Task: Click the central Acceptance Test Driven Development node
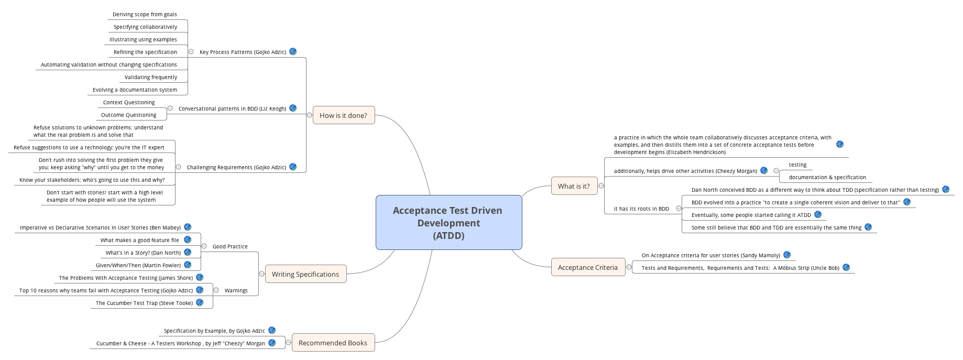tap(448, 223)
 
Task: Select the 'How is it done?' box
tap(343, 115)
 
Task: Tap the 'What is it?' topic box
tap(574, 186)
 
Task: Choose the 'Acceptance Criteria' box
tap(587, 267)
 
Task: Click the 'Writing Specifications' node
tap(305, 274)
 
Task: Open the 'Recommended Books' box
tap(333, 343)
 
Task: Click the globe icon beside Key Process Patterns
tap(293, 51)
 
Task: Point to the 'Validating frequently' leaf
tap(151, 77)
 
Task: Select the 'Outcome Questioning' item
tap(129, 115)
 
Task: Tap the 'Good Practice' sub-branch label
tap(230, 246)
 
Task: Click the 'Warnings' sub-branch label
tap(236, 290)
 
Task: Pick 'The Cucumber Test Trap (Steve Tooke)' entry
tap(144, 303)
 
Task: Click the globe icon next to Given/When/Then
tap(188, 265)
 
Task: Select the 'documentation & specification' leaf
tap(827, 177)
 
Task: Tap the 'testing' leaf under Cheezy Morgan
tap(797, 165)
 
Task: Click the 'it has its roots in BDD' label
tap(641, 209)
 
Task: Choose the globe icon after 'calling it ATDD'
tap(818, 214)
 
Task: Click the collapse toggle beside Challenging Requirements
tap(178, 167)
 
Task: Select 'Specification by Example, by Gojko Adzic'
tap(214, 331)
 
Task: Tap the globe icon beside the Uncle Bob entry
tap(846, 267)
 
